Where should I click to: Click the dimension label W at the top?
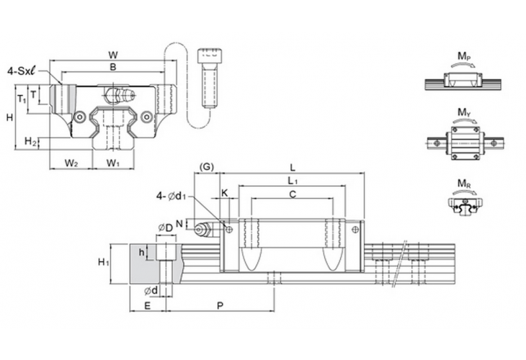pyautogui.click(x=112, y=55)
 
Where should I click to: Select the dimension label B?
pyautogui.click(x=112, y=67)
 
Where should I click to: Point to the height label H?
pyautogui.click(x=9, y=117)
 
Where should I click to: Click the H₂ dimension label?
pyautogui.click(x=30, y=141)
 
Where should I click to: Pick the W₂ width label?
pyautogui.click(x=71, y=163)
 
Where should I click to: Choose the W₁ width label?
pyautogui.click(x=113, y=163)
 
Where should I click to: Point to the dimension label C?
pyautogui.click(x=291, y=194)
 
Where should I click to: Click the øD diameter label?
pyautogui.click(x=165, y=228)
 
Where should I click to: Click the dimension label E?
pyautogui.click(x=147, y=306)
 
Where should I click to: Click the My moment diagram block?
pyautogui.click(x=464, y=143)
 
